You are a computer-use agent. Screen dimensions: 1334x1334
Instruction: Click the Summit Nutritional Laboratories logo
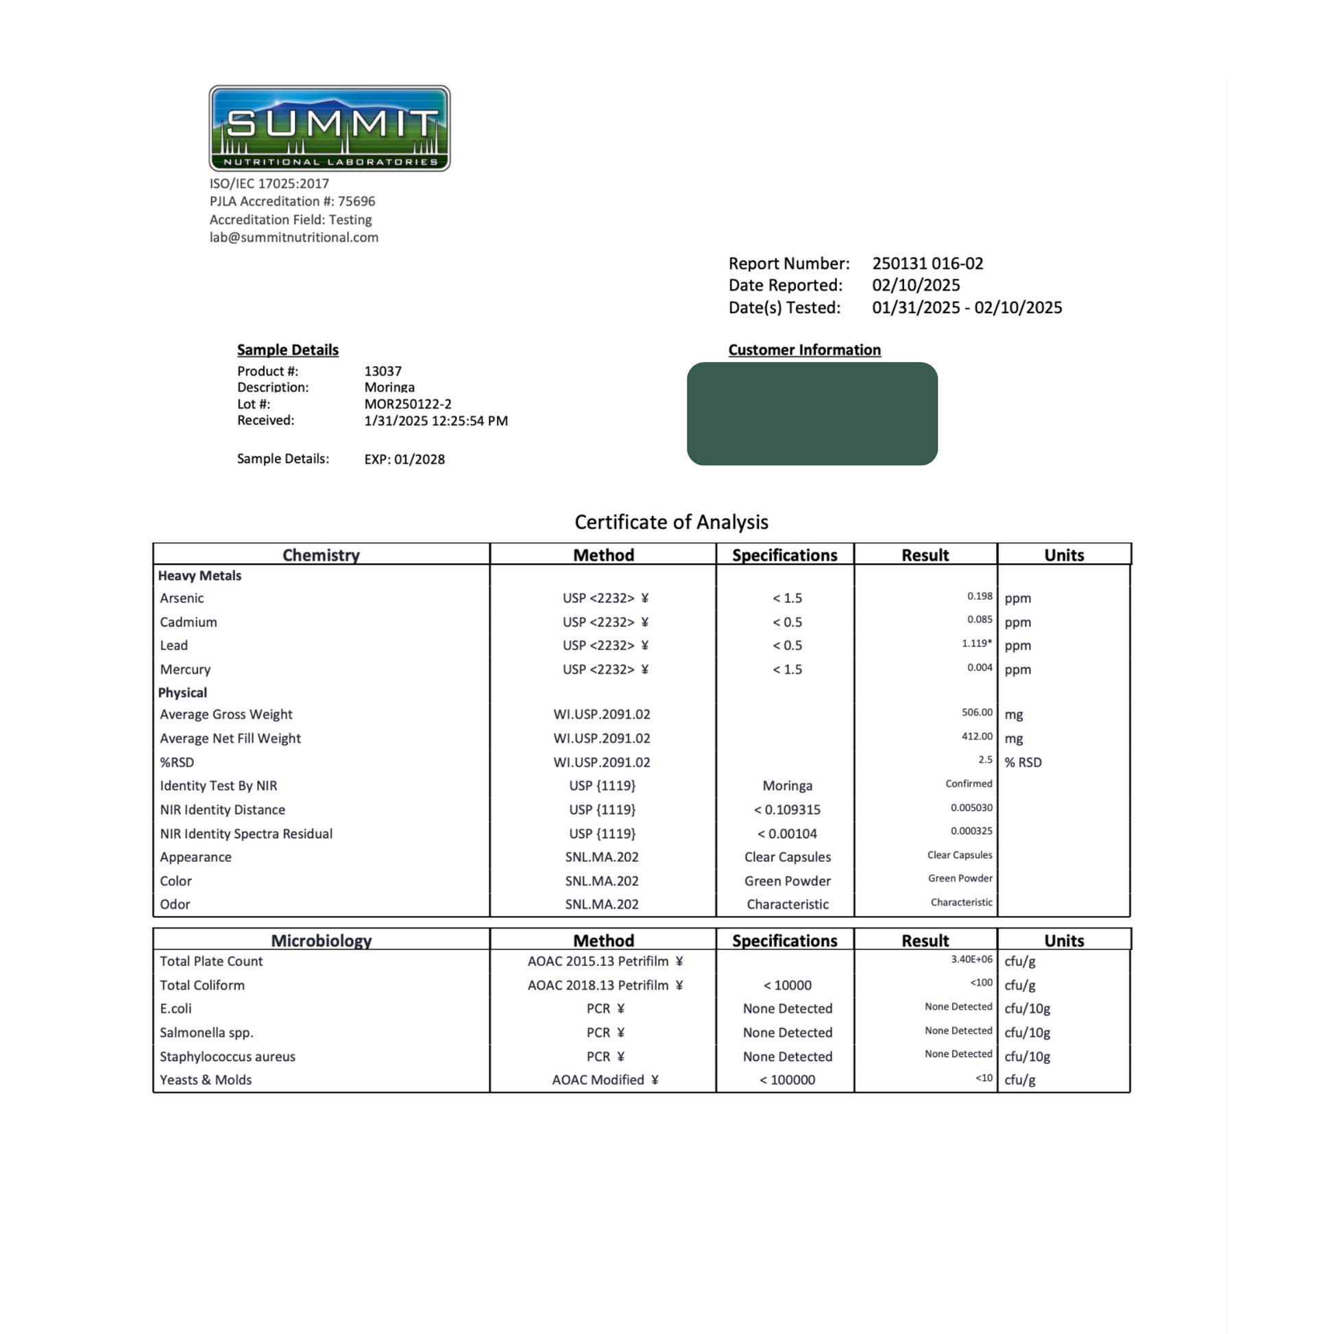[x=329, y=128]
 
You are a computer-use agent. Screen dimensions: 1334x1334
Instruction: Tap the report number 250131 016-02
[x=927, y=264]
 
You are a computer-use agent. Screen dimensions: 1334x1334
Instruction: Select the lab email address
[x=294, y=237]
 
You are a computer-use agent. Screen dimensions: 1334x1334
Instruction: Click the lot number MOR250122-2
[x=407, y=404]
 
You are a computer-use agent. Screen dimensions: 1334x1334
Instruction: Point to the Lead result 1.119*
[x=976, y=644]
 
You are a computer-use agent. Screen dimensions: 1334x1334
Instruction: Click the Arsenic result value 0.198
[x=979, y=596]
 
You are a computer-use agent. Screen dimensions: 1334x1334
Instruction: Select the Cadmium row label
[x=189, y=622]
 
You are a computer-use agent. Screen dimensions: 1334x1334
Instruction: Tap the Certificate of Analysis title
[x=671, y=522]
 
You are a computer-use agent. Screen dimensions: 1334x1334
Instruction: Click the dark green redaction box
[x=812, y=413]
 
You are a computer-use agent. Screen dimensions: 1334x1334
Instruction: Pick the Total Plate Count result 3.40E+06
[x=971, y=959]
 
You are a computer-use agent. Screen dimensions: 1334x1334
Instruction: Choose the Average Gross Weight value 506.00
[x=976, y=712]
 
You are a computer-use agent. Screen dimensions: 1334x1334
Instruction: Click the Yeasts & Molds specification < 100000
[x=787, y=1080]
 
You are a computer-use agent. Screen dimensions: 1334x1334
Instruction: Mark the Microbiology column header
[x=321, y=941]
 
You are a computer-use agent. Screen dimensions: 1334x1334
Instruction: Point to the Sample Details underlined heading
[x=288, y=350]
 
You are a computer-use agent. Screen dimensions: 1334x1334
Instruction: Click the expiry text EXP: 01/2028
[x=404, y=459]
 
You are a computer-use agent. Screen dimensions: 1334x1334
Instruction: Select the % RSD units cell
[x=1023, y=762]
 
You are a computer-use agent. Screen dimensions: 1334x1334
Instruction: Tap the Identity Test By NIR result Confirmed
[x=969, y=784]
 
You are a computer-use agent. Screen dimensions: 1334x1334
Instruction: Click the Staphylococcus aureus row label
[x=227, y=1056]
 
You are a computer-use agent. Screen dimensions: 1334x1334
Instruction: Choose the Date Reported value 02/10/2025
[x=916, y=285]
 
